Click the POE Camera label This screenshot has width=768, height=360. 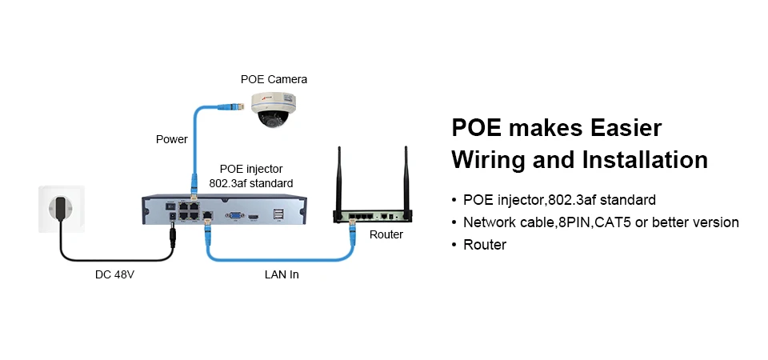(x=274, y=79)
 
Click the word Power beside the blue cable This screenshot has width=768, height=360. (x=172, y=139)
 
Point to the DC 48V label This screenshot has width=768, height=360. (x=114, y=274)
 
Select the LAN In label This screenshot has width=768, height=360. (x=282, y=274)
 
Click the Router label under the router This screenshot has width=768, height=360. (x=386, y=234)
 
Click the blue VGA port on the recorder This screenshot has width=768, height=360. (x=234, y=215)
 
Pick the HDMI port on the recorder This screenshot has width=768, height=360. (x=254, y=215)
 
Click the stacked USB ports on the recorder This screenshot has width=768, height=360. (x=278, y=215)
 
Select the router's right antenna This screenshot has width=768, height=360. (x=406, y=178)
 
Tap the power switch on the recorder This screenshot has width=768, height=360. (x=171, y=206)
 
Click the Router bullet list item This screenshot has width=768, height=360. (x=485, y=245)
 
